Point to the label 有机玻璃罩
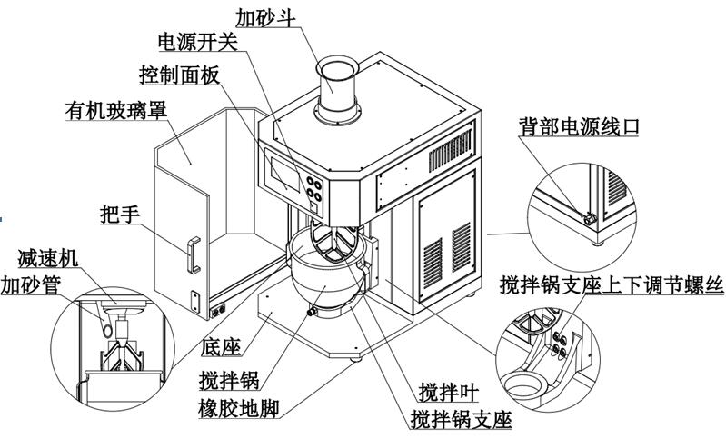pos(115,113)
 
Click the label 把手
pos(118,215)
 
